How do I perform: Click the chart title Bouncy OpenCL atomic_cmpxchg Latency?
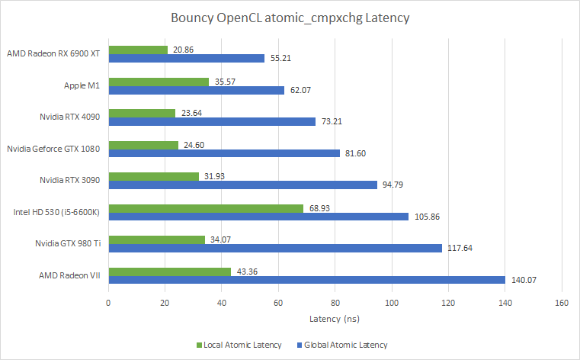[290, 18]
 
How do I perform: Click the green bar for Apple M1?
[159, 82]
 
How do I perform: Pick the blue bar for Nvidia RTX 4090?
[212, 121]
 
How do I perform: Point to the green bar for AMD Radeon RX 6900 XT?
[138, 50]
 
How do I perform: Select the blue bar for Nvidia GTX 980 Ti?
[275, 248]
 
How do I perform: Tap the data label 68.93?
[319, 207]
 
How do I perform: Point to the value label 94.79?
[395, 185]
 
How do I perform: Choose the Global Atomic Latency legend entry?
[345, 345]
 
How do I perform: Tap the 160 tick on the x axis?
[562, 303]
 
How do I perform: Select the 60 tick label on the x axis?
[278, 303]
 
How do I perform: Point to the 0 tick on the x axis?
[108, 303]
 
